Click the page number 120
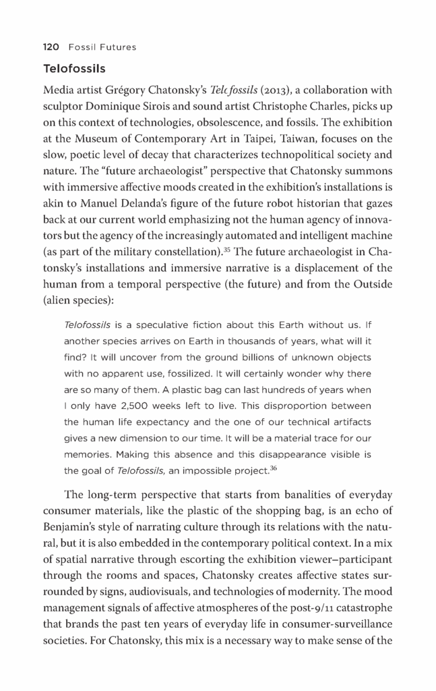(51, 47)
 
